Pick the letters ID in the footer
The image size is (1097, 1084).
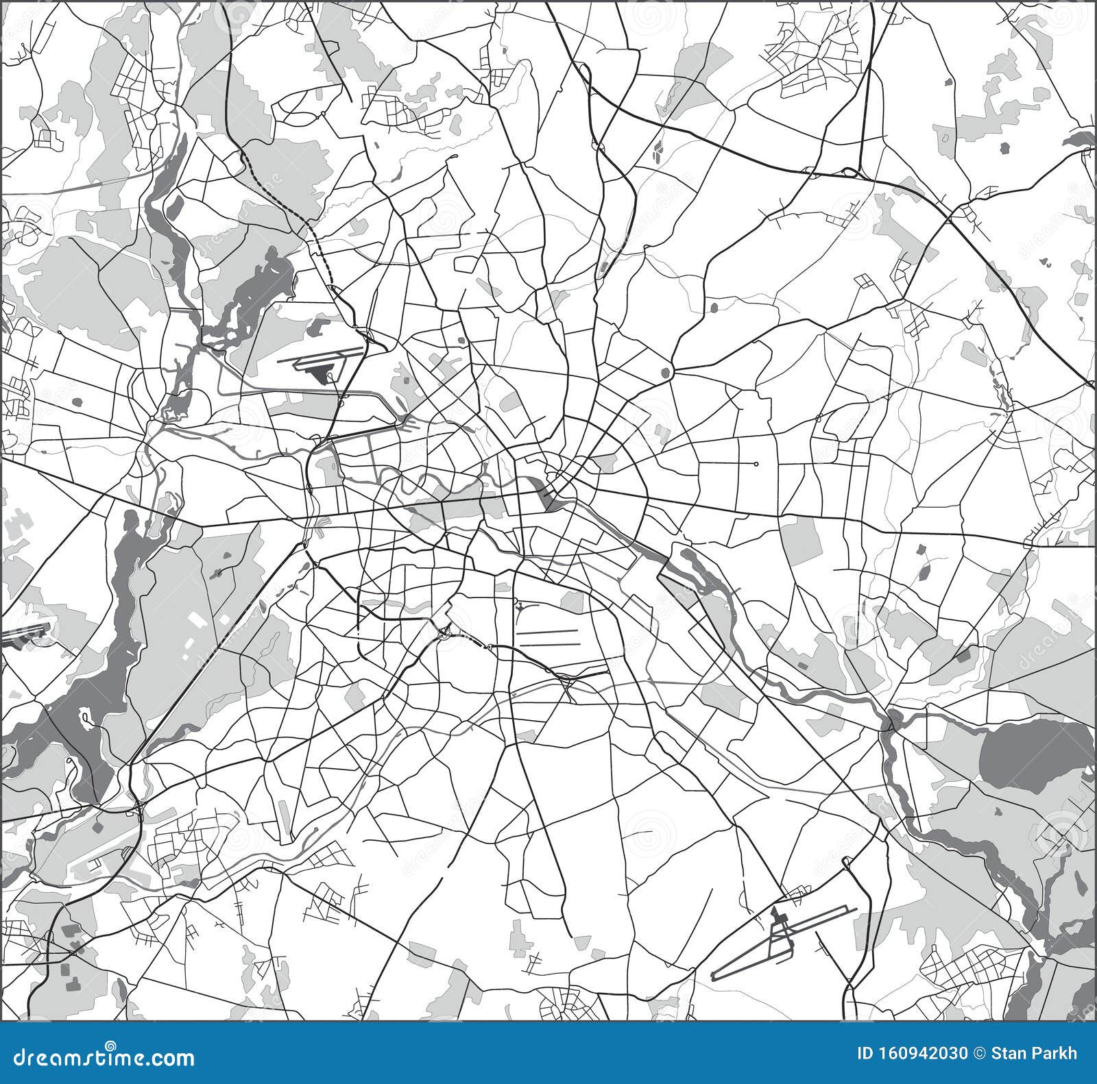pos(867,1053)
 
